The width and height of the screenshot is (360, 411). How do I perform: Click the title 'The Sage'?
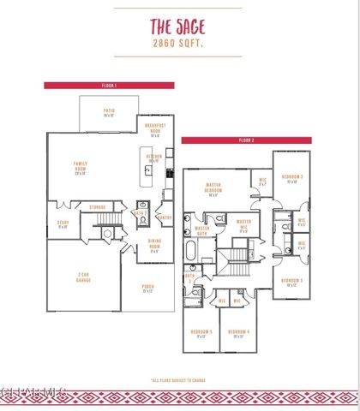179,24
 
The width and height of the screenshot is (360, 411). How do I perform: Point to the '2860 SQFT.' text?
179,41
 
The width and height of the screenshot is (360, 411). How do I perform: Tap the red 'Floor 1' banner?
109,86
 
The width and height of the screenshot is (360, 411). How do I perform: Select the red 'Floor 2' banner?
245,140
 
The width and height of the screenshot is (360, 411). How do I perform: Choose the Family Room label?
81,168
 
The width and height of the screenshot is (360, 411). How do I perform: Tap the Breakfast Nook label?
156,131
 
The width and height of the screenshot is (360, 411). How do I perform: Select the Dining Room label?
154,246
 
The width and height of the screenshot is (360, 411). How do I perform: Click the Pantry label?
165,217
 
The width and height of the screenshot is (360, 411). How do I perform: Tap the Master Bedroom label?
214,189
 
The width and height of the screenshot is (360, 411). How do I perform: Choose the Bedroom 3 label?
292,282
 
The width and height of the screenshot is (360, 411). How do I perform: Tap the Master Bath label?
202,229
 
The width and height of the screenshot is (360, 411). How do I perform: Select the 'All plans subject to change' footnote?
179,380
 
